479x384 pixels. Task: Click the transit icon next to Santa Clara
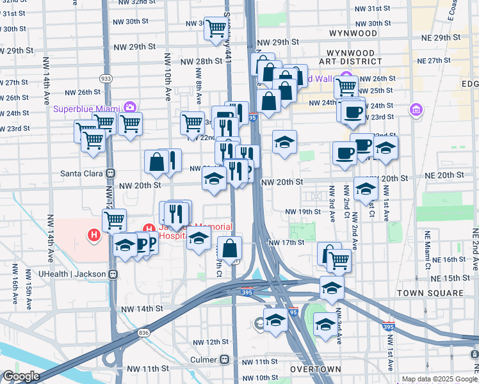point(110,173)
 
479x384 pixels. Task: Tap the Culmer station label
point(205,359)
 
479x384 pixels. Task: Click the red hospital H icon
point(94,236)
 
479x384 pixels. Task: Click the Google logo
point(20,376)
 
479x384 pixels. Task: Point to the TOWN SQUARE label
point(429,292)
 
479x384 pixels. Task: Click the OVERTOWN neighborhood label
point(314,370)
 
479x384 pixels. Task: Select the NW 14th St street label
point(142,308)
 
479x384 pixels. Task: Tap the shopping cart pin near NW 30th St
point(216,28)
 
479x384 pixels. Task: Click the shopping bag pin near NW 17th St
point(229,248)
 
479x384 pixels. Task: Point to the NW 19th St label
point(302,211)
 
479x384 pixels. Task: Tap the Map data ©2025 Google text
point(440,379)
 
